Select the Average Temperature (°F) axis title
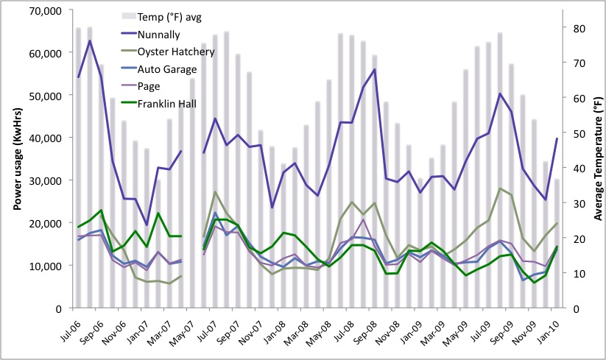tap(597, 160)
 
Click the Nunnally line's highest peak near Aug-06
tap(89, 40)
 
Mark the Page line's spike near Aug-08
tap(363, 219)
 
